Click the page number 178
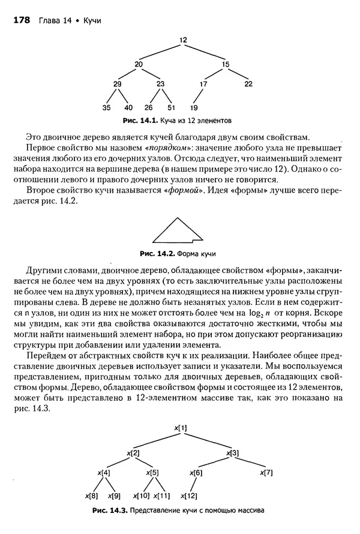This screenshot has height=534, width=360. [x=22, y=20]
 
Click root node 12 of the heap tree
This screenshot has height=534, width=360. [x=183, y=40]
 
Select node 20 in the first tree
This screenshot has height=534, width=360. [x=139, y=64]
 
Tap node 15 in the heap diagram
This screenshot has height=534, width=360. [x=226, y=64]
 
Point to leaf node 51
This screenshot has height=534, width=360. [x=172, y=108]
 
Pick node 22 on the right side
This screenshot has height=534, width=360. [x=248, y=84]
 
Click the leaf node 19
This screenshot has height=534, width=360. [x=194, y=108]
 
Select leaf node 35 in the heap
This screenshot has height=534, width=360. [x=106, y=108]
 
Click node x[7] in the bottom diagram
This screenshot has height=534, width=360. [x=267, y=473]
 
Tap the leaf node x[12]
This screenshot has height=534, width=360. [x=190, y=496]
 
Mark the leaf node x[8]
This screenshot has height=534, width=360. [x=92, y=496]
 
